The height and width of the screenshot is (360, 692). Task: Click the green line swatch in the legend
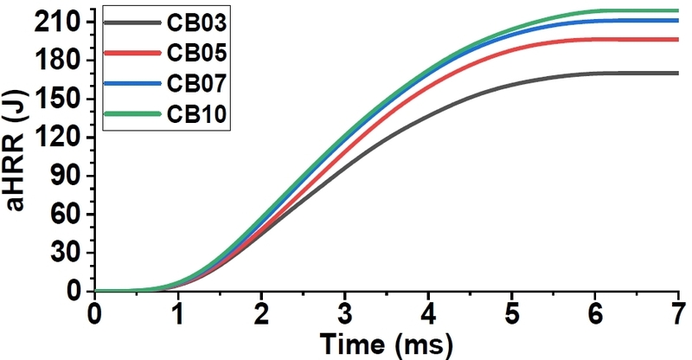133,113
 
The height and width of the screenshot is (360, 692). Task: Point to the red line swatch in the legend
133,53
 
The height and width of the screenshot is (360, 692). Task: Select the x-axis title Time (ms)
387,344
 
